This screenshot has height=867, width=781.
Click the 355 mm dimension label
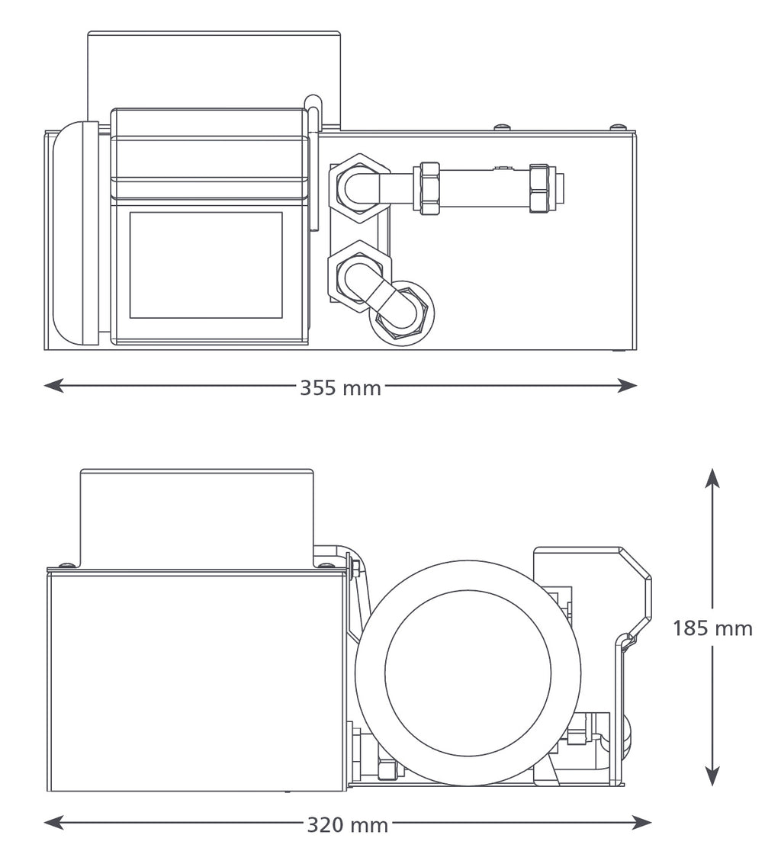[x=340, y=388]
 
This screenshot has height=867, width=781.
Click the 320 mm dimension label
[x=348, y=825]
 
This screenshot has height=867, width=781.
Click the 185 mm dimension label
[x=712, y=628]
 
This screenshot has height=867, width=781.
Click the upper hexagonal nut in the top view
[x=358, y=187]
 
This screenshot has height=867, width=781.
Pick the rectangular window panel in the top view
[x=206, y=265]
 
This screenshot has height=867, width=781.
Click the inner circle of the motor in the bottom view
[x=468, y=673]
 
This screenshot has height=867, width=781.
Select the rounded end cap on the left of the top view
[x=75, y=233]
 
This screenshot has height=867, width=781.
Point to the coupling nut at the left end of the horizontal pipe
[x=429, y=188]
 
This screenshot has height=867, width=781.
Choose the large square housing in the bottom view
[x=196, y=681]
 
